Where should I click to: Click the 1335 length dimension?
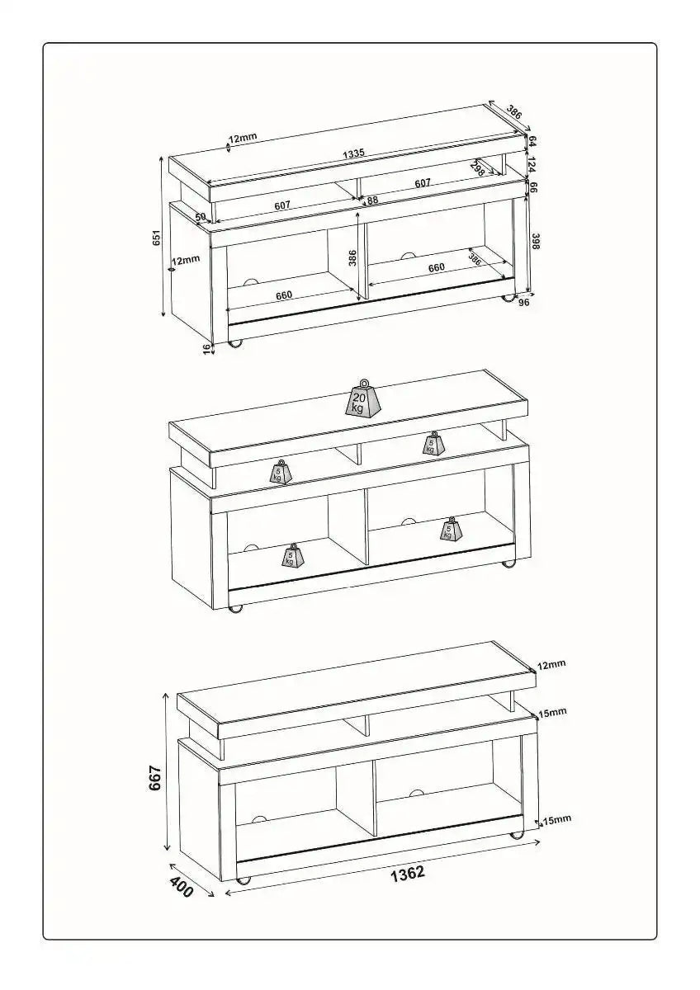(x=354, y=154)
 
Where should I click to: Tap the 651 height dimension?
(x=156, y=237)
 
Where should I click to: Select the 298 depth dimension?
(x=477, y=168)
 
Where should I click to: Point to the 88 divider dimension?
(x=372, y=200)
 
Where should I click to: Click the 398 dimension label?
(x=535, y=242)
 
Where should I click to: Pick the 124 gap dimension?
(x=533, y=164)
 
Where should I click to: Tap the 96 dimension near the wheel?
(x=524, y=302)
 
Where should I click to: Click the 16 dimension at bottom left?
(x=207, y=349)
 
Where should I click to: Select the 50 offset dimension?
(x=200, y=217)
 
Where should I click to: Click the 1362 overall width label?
(x=408, y=873)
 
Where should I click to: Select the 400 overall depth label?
(x=182, y=887)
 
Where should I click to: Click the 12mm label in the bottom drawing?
(x=551, y=664)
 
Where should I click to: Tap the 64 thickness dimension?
(x=533, y=141)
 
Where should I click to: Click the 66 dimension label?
(x=533, y=186)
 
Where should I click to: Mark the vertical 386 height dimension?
(x=352, y=257)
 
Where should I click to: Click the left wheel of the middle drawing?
(x=236, y=610)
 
